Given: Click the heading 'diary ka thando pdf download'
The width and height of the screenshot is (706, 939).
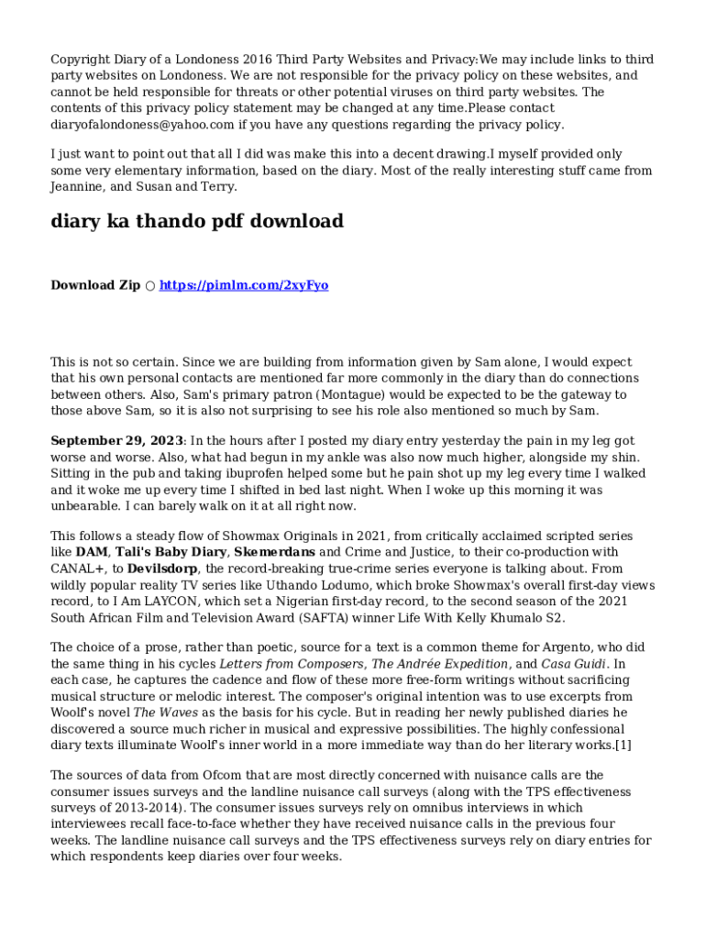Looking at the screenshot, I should [197, 221].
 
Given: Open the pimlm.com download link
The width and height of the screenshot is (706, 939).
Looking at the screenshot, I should [244, 285].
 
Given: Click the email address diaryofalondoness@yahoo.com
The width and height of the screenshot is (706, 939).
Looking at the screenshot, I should [142, 125].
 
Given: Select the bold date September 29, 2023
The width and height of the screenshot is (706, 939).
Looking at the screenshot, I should [116, 441].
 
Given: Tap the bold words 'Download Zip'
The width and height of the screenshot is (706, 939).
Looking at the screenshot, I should [95, 285].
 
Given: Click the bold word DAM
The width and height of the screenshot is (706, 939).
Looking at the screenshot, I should [91, 552].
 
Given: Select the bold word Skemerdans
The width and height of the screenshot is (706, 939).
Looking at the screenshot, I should [274, 552].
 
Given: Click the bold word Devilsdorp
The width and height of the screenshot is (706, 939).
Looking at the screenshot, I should [162, 569].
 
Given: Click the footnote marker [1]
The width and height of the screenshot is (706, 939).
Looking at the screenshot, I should [624, 744].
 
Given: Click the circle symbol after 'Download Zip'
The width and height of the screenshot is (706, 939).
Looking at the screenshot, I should [149, 285].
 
